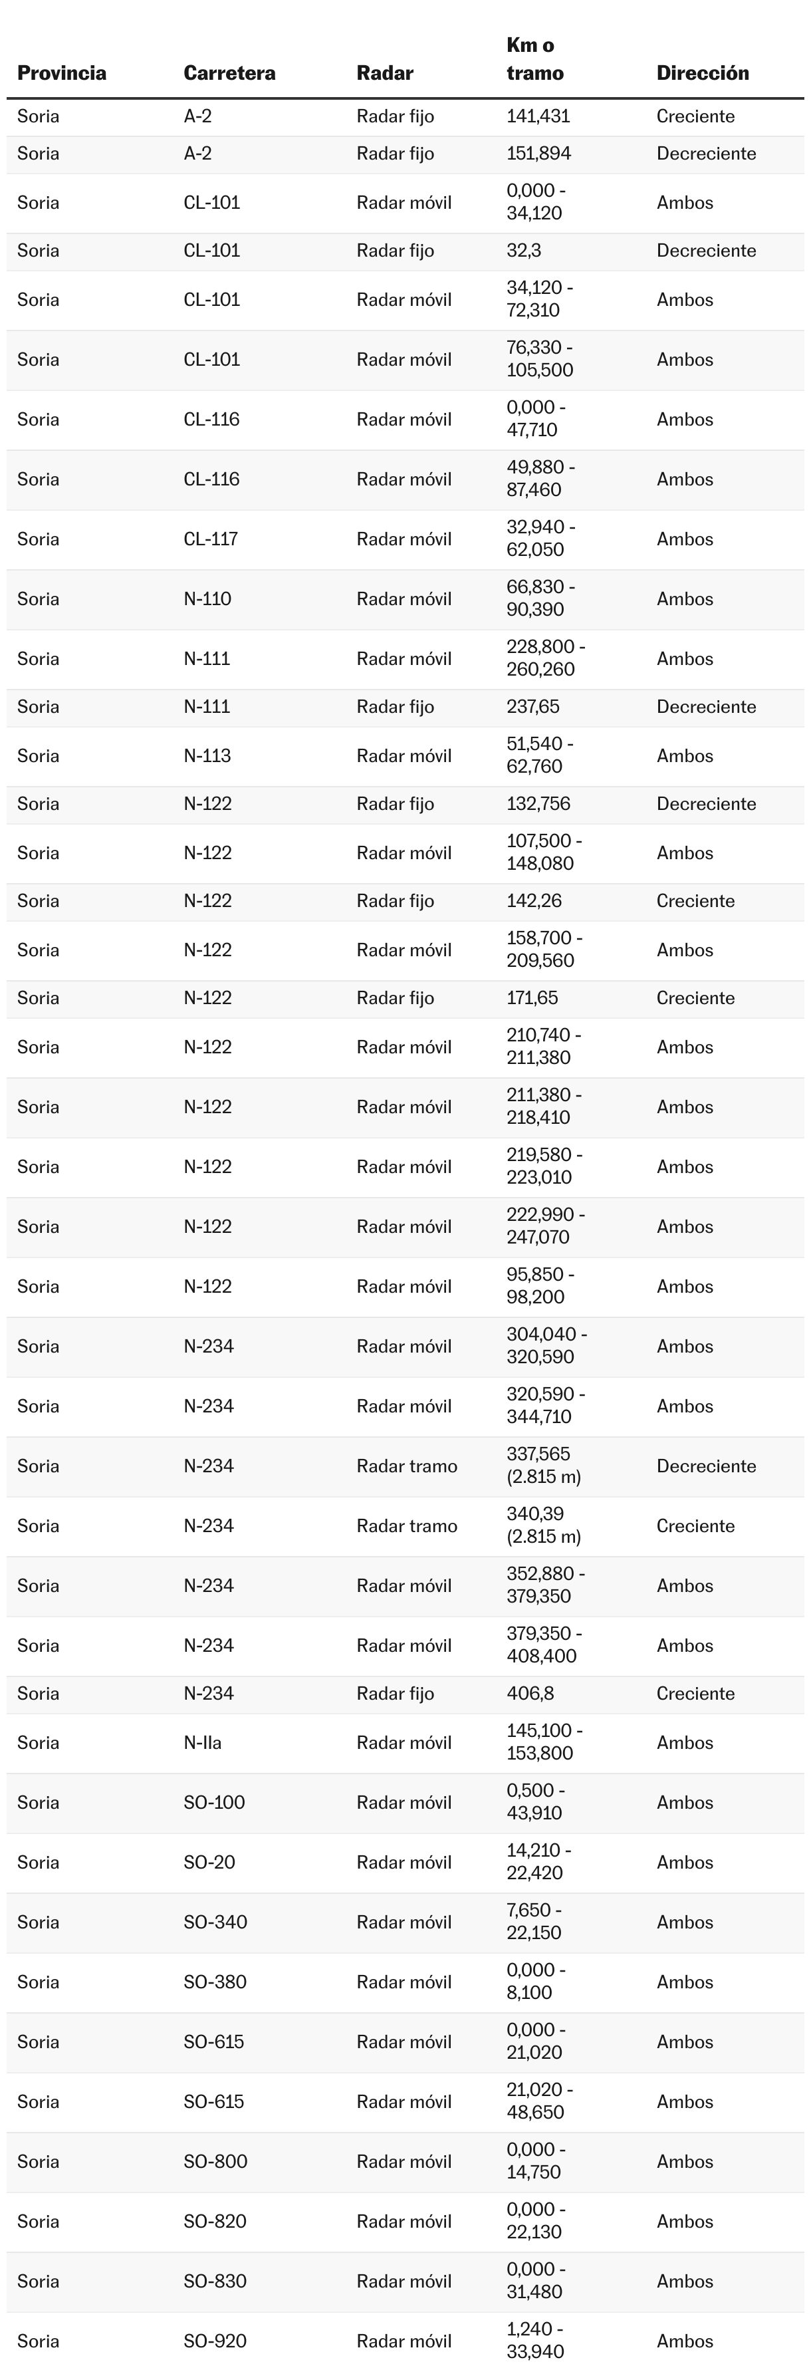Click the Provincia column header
[x=62, y=73]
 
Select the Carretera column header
[x=229, y=73]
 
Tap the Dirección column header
[x=702, y=73]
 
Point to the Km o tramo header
[x=534, y=59]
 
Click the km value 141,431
[x=538, y=116]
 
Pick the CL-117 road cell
[x=210, y=539]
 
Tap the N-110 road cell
[x=207, y=599]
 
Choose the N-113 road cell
[x=207, y=756]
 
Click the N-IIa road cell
[x=203, y=1743]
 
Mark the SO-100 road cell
[x=214, y=1803]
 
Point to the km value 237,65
[x=532, y=707]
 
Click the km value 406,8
[x=530, y=1694]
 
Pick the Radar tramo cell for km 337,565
[x=407, y=1466]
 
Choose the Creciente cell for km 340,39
[x=696, y=1526]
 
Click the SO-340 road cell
[x=215, y=1922]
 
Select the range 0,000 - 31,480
[x=536, y=2281]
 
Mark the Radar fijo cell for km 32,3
[x=395, y=251]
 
